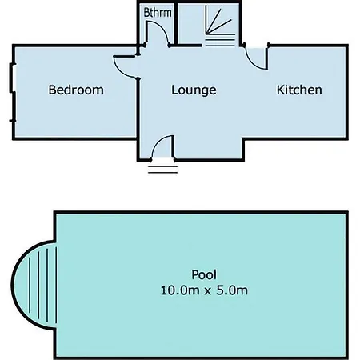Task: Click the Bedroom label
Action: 76,90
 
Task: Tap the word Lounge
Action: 194,90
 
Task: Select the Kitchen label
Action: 299,90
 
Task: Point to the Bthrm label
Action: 158,13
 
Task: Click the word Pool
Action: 204,274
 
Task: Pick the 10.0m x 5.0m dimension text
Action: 204,290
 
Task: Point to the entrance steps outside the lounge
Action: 163,170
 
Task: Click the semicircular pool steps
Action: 34,285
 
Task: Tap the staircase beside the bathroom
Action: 220,26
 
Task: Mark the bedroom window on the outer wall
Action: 12,92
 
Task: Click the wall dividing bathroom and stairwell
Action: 176,23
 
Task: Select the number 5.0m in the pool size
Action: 232,290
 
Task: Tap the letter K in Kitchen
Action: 280,90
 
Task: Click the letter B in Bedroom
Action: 52,90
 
